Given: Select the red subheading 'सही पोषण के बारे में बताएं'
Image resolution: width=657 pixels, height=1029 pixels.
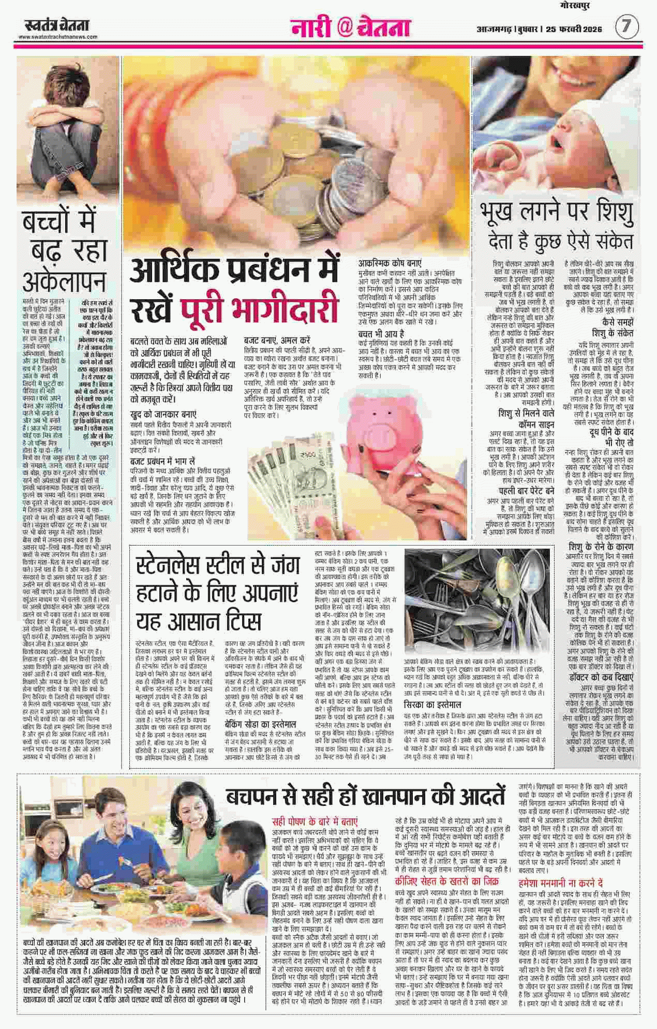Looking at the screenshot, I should tap(315, 821).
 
